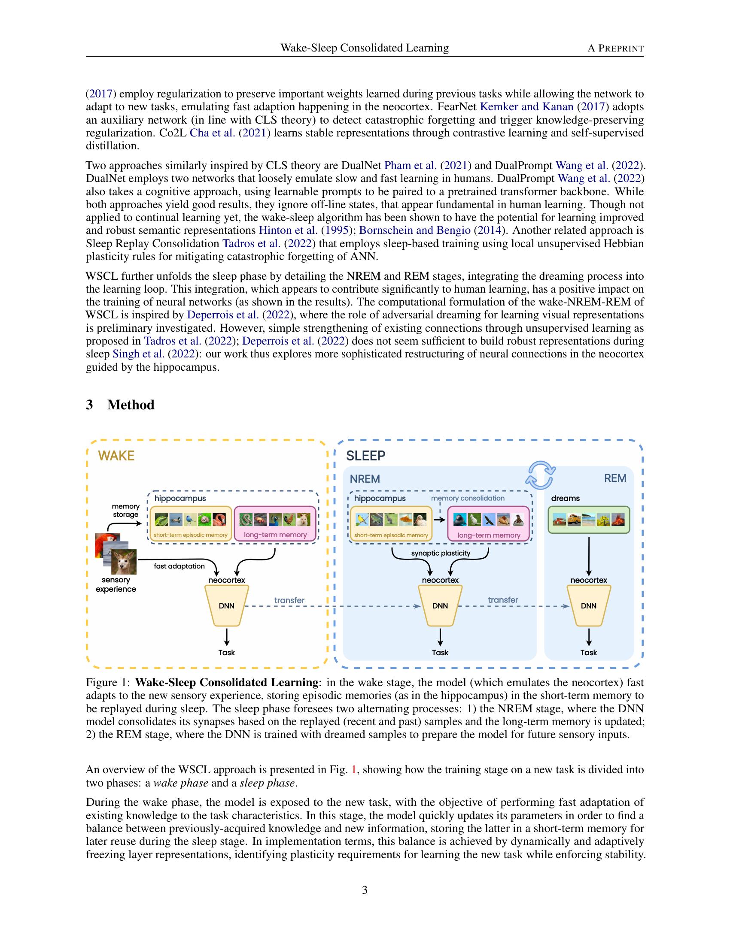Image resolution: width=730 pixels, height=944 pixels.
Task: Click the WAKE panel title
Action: [116, 456]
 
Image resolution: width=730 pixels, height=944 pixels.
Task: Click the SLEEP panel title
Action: [365, 456]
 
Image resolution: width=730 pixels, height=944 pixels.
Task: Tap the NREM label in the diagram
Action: [365, 479]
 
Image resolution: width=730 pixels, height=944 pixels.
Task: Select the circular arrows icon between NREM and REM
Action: [540, 475]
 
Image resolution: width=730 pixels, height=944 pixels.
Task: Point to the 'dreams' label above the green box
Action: [565, 498]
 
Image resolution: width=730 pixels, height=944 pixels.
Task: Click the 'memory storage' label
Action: [125, 511]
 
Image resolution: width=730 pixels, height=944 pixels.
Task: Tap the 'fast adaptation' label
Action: [179, 566]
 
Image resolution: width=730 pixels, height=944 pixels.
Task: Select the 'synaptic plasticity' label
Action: [440, 553]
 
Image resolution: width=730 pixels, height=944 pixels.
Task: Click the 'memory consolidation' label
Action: [468, 498]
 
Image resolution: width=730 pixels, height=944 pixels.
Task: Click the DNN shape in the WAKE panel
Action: [226, 605]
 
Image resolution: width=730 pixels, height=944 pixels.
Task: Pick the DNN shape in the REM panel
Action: [588, 605]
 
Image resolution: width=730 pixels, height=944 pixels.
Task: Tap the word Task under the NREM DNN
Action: [440, 652]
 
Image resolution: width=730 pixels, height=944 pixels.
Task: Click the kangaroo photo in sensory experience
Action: [124, 562]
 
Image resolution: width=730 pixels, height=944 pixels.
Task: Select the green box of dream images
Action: [588, 520]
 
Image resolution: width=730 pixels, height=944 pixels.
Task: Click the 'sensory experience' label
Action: [116, 584]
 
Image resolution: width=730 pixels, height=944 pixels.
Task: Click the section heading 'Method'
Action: [131, 405]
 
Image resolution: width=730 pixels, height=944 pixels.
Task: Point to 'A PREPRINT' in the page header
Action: [615, 48]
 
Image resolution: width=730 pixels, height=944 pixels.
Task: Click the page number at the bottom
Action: [365, 890]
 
